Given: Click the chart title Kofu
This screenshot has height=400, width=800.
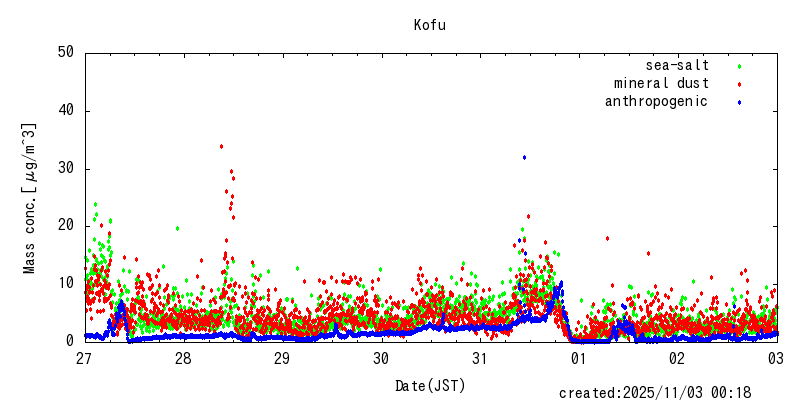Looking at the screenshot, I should click(x=430, y=25).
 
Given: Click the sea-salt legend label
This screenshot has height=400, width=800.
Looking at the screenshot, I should click(x=677, y=66).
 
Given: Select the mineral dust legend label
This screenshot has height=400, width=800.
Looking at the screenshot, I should click(x=661, y=83).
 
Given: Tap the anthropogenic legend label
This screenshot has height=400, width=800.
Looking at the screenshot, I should click(x=656, y=101).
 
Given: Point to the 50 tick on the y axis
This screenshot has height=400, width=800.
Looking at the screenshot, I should click(x=67, y=52).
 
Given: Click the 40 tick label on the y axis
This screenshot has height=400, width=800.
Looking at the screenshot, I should click(x=67, y=110).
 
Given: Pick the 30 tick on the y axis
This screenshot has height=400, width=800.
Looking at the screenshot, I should click(x=67, y=168).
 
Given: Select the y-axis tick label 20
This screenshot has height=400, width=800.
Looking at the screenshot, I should click(x=67, y=225).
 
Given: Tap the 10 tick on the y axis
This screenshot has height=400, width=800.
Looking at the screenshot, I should click(x=67, y=283).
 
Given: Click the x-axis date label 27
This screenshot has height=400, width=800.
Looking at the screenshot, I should click(x=85, y=358).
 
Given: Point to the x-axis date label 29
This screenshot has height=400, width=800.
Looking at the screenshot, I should click(x=283, y=358).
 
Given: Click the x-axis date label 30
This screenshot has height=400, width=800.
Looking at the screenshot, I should click(x=381, y=358).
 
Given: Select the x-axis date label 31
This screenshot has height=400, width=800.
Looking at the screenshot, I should click(x=480, y=358).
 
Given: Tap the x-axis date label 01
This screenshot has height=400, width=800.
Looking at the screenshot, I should click(x=579, y=358).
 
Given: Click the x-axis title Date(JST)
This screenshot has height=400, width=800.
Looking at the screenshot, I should click(x=430, y=385).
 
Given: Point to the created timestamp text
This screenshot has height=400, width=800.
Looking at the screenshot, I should click(x=655, y=393).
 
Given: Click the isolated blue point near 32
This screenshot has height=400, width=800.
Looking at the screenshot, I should click(x=524, y=157).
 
